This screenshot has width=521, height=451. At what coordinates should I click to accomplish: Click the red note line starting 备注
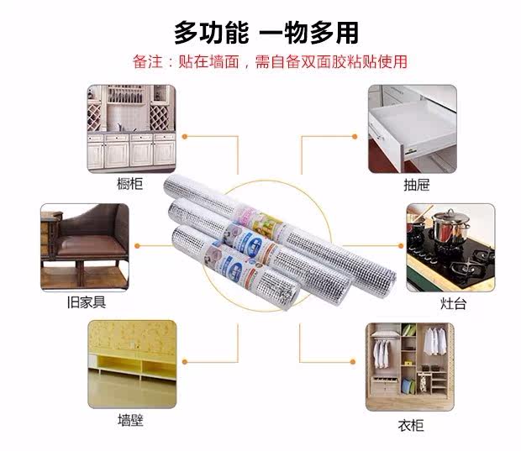tap(270, 61)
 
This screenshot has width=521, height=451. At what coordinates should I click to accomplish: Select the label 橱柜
tap(130, 184)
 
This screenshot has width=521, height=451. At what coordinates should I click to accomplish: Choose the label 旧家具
tap(86, 303)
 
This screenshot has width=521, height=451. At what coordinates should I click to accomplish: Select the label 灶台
tap(453, 303)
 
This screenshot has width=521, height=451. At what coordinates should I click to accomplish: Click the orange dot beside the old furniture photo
tap(138, 246)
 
